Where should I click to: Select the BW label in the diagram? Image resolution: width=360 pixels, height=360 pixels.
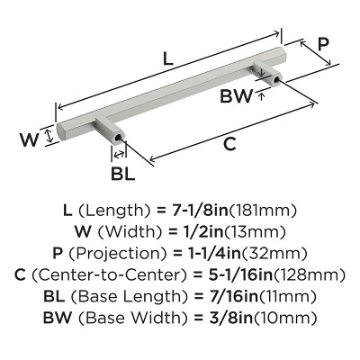tap(237, 92)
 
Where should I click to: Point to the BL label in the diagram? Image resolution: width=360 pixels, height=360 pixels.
tap(119, 169)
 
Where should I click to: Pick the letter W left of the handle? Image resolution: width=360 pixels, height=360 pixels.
tap(29, 139)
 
